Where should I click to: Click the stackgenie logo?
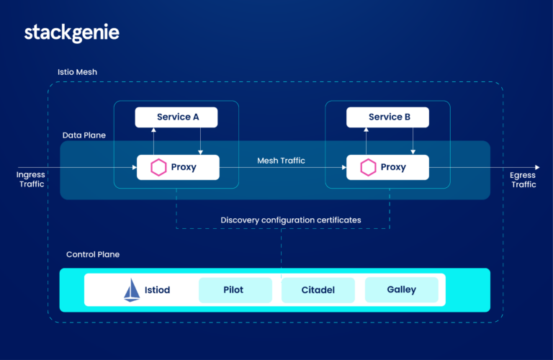coord(71,32)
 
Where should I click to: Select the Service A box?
coord(176,117)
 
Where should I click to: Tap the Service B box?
coord(387,117)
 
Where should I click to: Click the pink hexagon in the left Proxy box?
coord(158,168)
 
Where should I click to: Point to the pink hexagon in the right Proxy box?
coord(369,168)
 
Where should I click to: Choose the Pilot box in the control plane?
coord(235,290)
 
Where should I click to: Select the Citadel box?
coord(318,290)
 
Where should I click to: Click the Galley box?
coord(401,289)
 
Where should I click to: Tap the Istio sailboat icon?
coord(132,289)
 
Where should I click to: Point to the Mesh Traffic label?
coord(281,161)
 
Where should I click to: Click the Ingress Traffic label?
coord(31,179)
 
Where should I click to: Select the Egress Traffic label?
coord(523,179)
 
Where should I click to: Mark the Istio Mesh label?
coord(77,73)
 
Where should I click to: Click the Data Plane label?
coord(84,135)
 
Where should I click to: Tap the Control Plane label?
coord(93,254)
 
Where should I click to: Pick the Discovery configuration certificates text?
coord(291,220)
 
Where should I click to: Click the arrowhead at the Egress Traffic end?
coord(536,168)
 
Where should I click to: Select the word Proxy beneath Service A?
coord(184,168)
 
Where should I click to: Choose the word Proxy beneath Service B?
coord(393,168)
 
